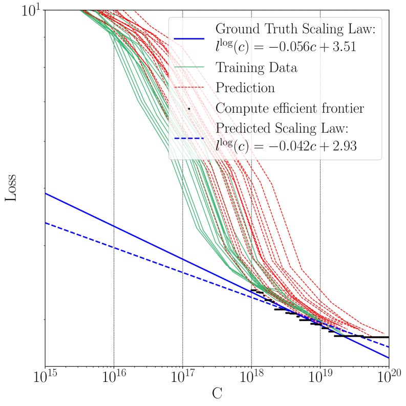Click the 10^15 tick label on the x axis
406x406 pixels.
(x=45, y=379)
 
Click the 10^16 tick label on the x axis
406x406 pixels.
(x=113, y=379)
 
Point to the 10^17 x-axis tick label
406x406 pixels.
(x=182, y=379)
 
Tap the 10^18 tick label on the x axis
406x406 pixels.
(x=251, y=379)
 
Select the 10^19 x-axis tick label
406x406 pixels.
(x=320, y=379)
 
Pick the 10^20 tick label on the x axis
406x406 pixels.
(x=388, y=379)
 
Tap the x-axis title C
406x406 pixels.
(x=217, y=395)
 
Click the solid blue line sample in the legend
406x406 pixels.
(x=189, y=38)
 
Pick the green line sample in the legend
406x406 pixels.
(x=189, y=67)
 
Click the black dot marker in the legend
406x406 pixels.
(x=189, y=109)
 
